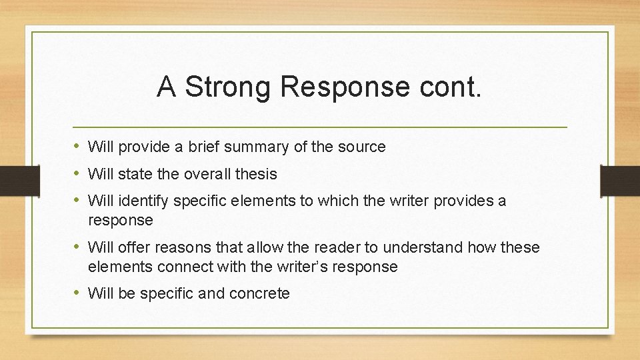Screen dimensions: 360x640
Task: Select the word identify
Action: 143,201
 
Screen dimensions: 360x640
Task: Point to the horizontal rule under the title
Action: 320,127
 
